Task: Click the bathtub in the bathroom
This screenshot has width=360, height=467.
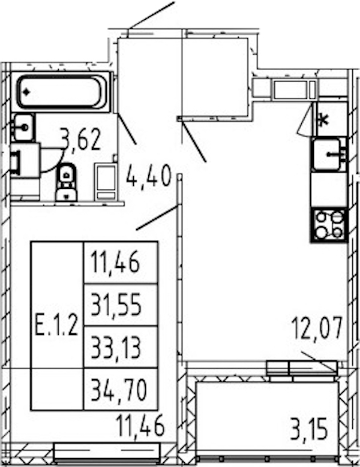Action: tap(62, 92)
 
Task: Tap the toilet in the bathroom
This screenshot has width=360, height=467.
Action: tap(66, 182)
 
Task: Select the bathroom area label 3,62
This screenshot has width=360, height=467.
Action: tap(80, 140)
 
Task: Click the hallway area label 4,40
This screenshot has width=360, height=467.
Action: tap(149, 176)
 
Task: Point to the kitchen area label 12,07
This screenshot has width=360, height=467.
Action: tap(316, 329)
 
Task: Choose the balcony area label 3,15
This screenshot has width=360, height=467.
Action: tap(309, 429)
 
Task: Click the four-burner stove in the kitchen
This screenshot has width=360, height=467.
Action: tap(329, 225)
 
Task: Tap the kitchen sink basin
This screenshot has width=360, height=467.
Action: tap(327, 154)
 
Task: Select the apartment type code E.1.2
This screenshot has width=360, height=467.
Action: tap(56, 326)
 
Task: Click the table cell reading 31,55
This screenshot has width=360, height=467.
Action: tap(116, 305)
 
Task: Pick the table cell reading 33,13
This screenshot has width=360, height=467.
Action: tap(116, 347)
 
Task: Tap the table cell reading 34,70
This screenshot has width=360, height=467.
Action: tap(119, 390)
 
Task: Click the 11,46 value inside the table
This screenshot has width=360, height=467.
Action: tap(115, 262)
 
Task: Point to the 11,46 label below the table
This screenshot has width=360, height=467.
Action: tap(140, 426)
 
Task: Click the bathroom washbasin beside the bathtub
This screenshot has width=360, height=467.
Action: tap(23, 128)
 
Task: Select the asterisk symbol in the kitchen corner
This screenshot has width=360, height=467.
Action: tap(323, 120)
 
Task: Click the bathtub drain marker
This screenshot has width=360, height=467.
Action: tap(26, 92)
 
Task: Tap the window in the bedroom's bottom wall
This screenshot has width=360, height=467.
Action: tap(107, 452)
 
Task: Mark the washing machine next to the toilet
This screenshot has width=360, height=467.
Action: tap(106, 182)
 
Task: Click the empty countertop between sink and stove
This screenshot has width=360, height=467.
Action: tap(329, 189)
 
